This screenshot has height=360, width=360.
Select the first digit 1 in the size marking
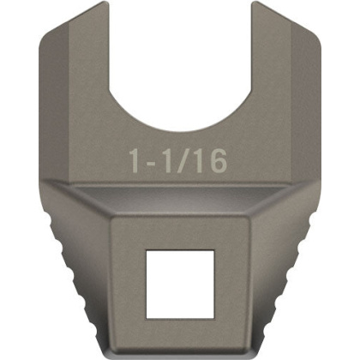tap(135, 159)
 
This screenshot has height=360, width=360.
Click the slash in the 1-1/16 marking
tap(184, 159)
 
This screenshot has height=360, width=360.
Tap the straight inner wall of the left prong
tap(108, 51)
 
